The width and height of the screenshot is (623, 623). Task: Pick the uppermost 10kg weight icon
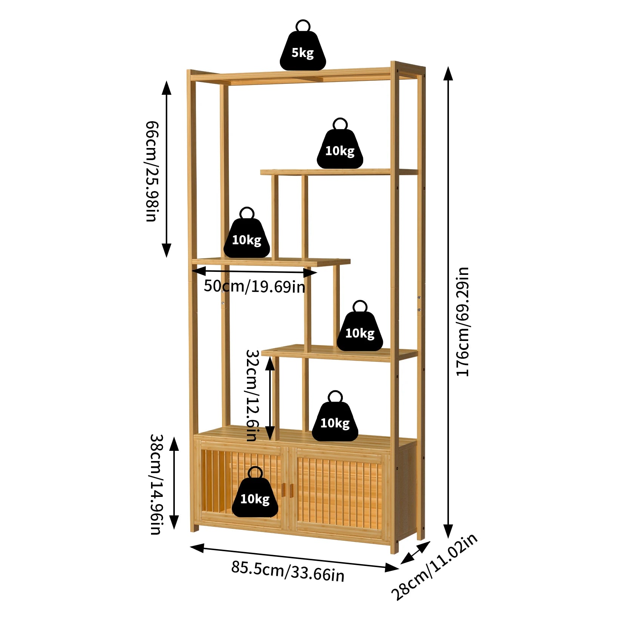point(340,149)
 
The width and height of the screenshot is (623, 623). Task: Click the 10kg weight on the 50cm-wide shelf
point(247,238)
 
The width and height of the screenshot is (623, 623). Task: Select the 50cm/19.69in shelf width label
point(254,287)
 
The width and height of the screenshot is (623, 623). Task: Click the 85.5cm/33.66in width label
point(288,571)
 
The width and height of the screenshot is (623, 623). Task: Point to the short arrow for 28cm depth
point(415,552)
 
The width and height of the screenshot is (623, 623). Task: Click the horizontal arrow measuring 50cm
point(254,271)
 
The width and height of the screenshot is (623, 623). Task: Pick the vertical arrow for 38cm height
point(174,483)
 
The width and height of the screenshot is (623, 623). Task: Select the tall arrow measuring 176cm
point(448,302)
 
